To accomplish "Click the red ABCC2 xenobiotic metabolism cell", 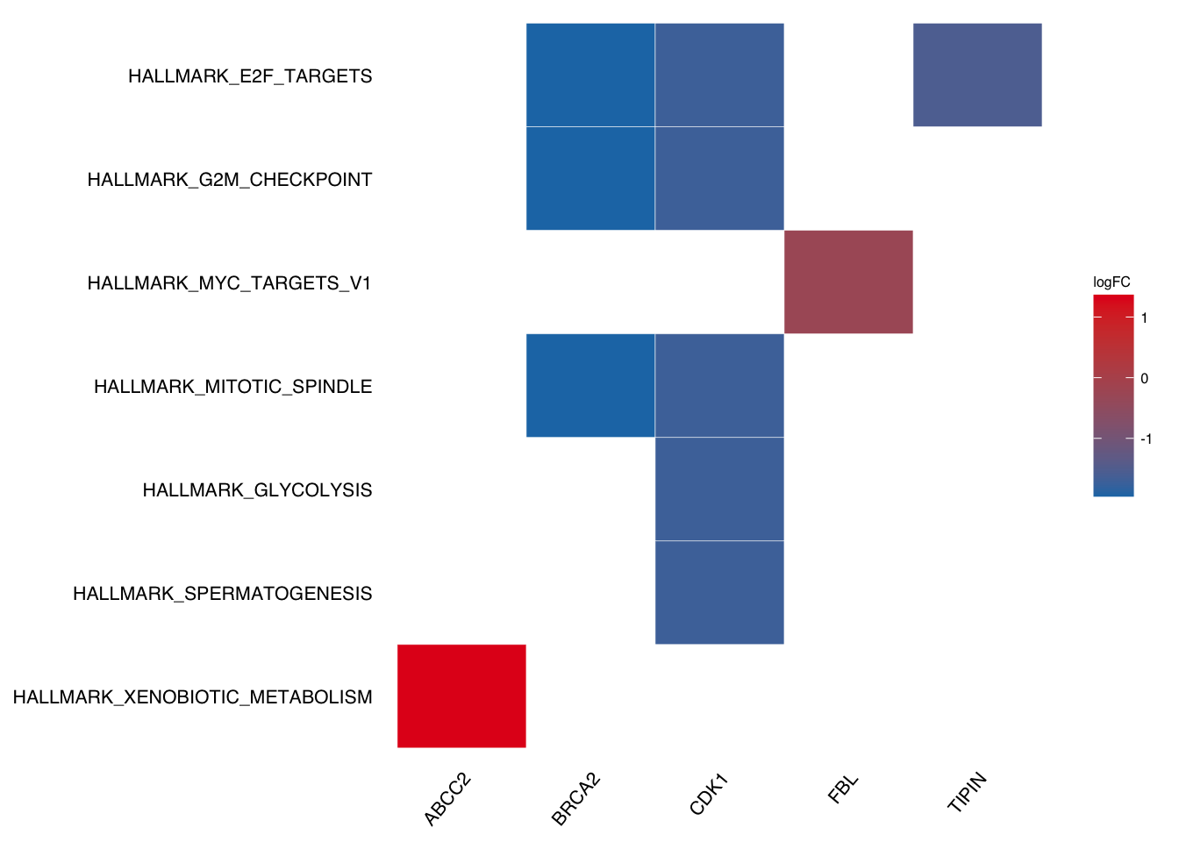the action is tap(461, 696).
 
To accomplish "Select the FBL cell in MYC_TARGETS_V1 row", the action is tap(848, 282).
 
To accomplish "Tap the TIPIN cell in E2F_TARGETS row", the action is tap(977, 75).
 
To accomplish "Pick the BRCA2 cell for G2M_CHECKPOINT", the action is tap(590, 178).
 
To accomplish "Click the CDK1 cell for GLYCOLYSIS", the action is tap(719, 489).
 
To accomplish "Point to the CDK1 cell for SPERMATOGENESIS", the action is tap(719, 592).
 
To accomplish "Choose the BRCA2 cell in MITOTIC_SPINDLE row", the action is tap(590, 385).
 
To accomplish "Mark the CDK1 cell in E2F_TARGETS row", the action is tap(719, 75).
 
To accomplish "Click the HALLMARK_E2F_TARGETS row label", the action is tap(250, 76).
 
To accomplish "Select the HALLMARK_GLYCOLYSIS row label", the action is tap(257, 490).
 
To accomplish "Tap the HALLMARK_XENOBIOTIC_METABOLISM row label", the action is tap(193, 697).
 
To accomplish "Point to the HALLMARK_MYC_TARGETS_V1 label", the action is tap(230, 283).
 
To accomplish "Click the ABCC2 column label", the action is tap(447, 799).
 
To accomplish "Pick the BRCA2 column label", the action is tap(575, 799).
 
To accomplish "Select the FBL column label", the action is tap(843, 788).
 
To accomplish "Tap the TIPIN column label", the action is tap(967, 793).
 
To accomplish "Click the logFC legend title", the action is tap(1111, 282).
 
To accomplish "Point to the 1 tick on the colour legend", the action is tap(1144, 318).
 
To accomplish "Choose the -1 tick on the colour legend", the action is tap(1146, 439).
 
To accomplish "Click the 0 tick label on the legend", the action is tap(1144, 378).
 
